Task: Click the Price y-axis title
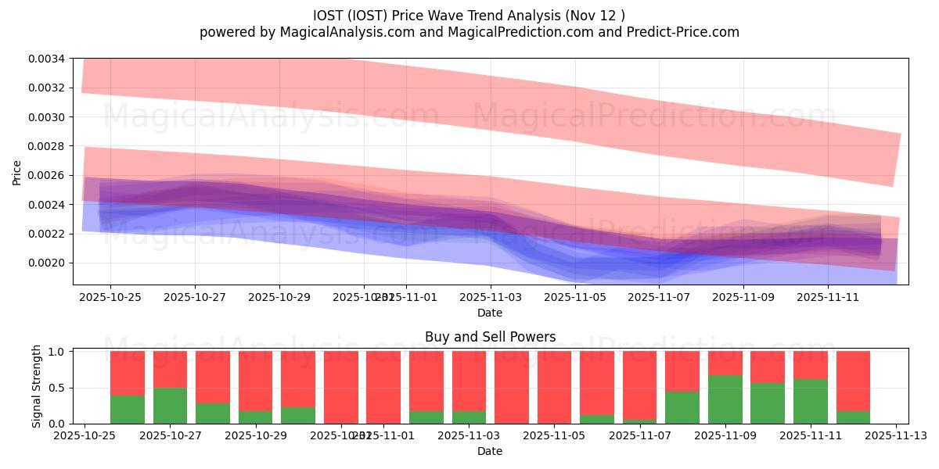pos(17,171)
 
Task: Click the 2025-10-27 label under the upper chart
pos(195,298)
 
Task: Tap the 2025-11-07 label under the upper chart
pos(660,298)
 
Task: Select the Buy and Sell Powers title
pos(490,338)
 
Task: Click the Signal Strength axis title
pos(37,387)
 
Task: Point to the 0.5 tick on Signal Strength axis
pos(58,388)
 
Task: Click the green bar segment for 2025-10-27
pos(170,406)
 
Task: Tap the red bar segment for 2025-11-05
pos(554,387)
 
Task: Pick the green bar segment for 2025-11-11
pos(810,401)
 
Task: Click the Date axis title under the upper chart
pos(490,313)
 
